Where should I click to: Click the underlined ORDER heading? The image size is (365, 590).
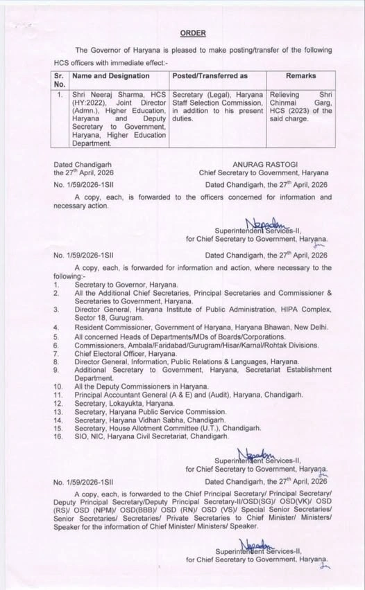193,33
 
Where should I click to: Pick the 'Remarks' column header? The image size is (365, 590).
300,76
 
